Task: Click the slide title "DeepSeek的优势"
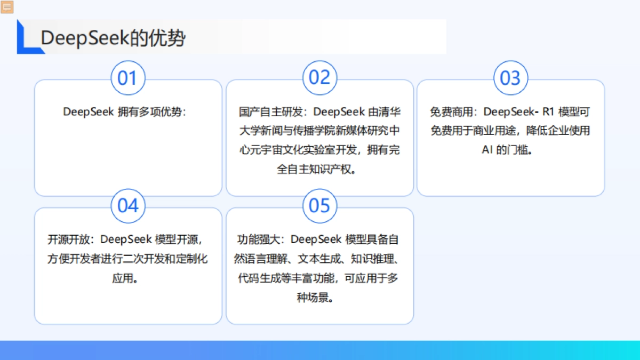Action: click(113, 38)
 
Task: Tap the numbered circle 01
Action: click(127, 78)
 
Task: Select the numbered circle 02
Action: click(319, 78)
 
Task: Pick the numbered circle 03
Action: click(510, 78)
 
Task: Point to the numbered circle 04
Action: click(127, 206)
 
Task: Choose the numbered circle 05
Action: click(319, 206)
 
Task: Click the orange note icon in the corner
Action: click(7, 7)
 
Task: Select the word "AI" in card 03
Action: click(487, 150)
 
